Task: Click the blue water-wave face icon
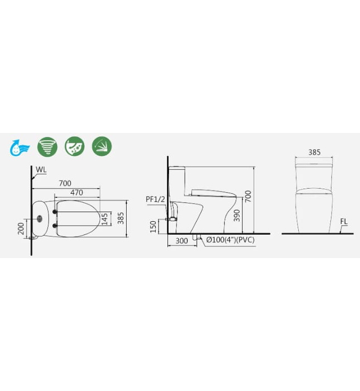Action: pyautogui.click(x=20, y=147)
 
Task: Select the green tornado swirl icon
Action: pyautogui.click(x=47, y=146)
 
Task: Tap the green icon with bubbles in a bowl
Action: pyautogui.click(x=74, y=146)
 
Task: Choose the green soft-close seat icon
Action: pyautogui.click(x=102, y=146)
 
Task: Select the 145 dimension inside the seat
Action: pyautogui.click(x=104, y=220)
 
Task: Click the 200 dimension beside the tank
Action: pyautogui.click(x=21, y=228)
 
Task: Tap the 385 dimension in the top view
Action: pyautogui.click(x=121, y=217)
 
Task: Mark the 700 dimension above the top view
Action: pyautogui.click(x=65, y=183)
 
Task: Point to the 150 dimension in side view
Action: pyautogui.click(x=153, y=227)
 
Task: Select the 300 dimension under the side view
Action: pyautogui.click(x=181, y=241)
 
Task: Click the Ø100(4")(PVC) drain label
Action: pyautogui.click(x=231, y=240)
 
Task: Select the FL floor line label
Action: pyautogui.click(x=344, y=222)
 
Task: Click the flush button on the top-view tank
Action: pyautogui.click(x=40, y=218)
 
